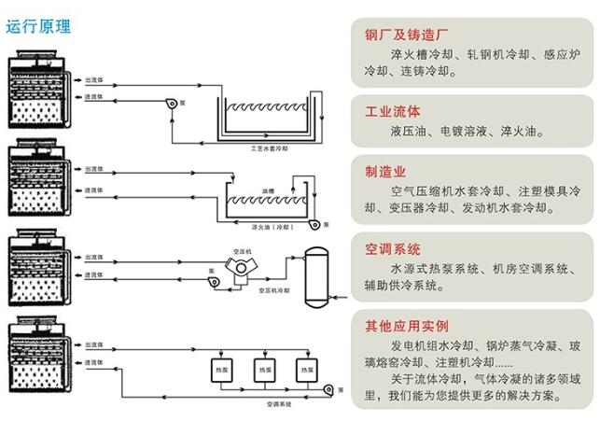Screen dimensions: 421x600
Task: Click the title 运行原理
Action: tap(38, 26)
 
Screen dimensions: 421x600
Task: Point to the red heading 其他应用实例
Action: tap(406, 326)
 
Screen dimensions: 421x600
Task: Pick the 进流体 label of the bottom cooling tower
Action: tap(93, 362)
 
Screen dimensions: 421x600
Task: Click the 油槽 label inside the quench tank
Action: tap(268, 190)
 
